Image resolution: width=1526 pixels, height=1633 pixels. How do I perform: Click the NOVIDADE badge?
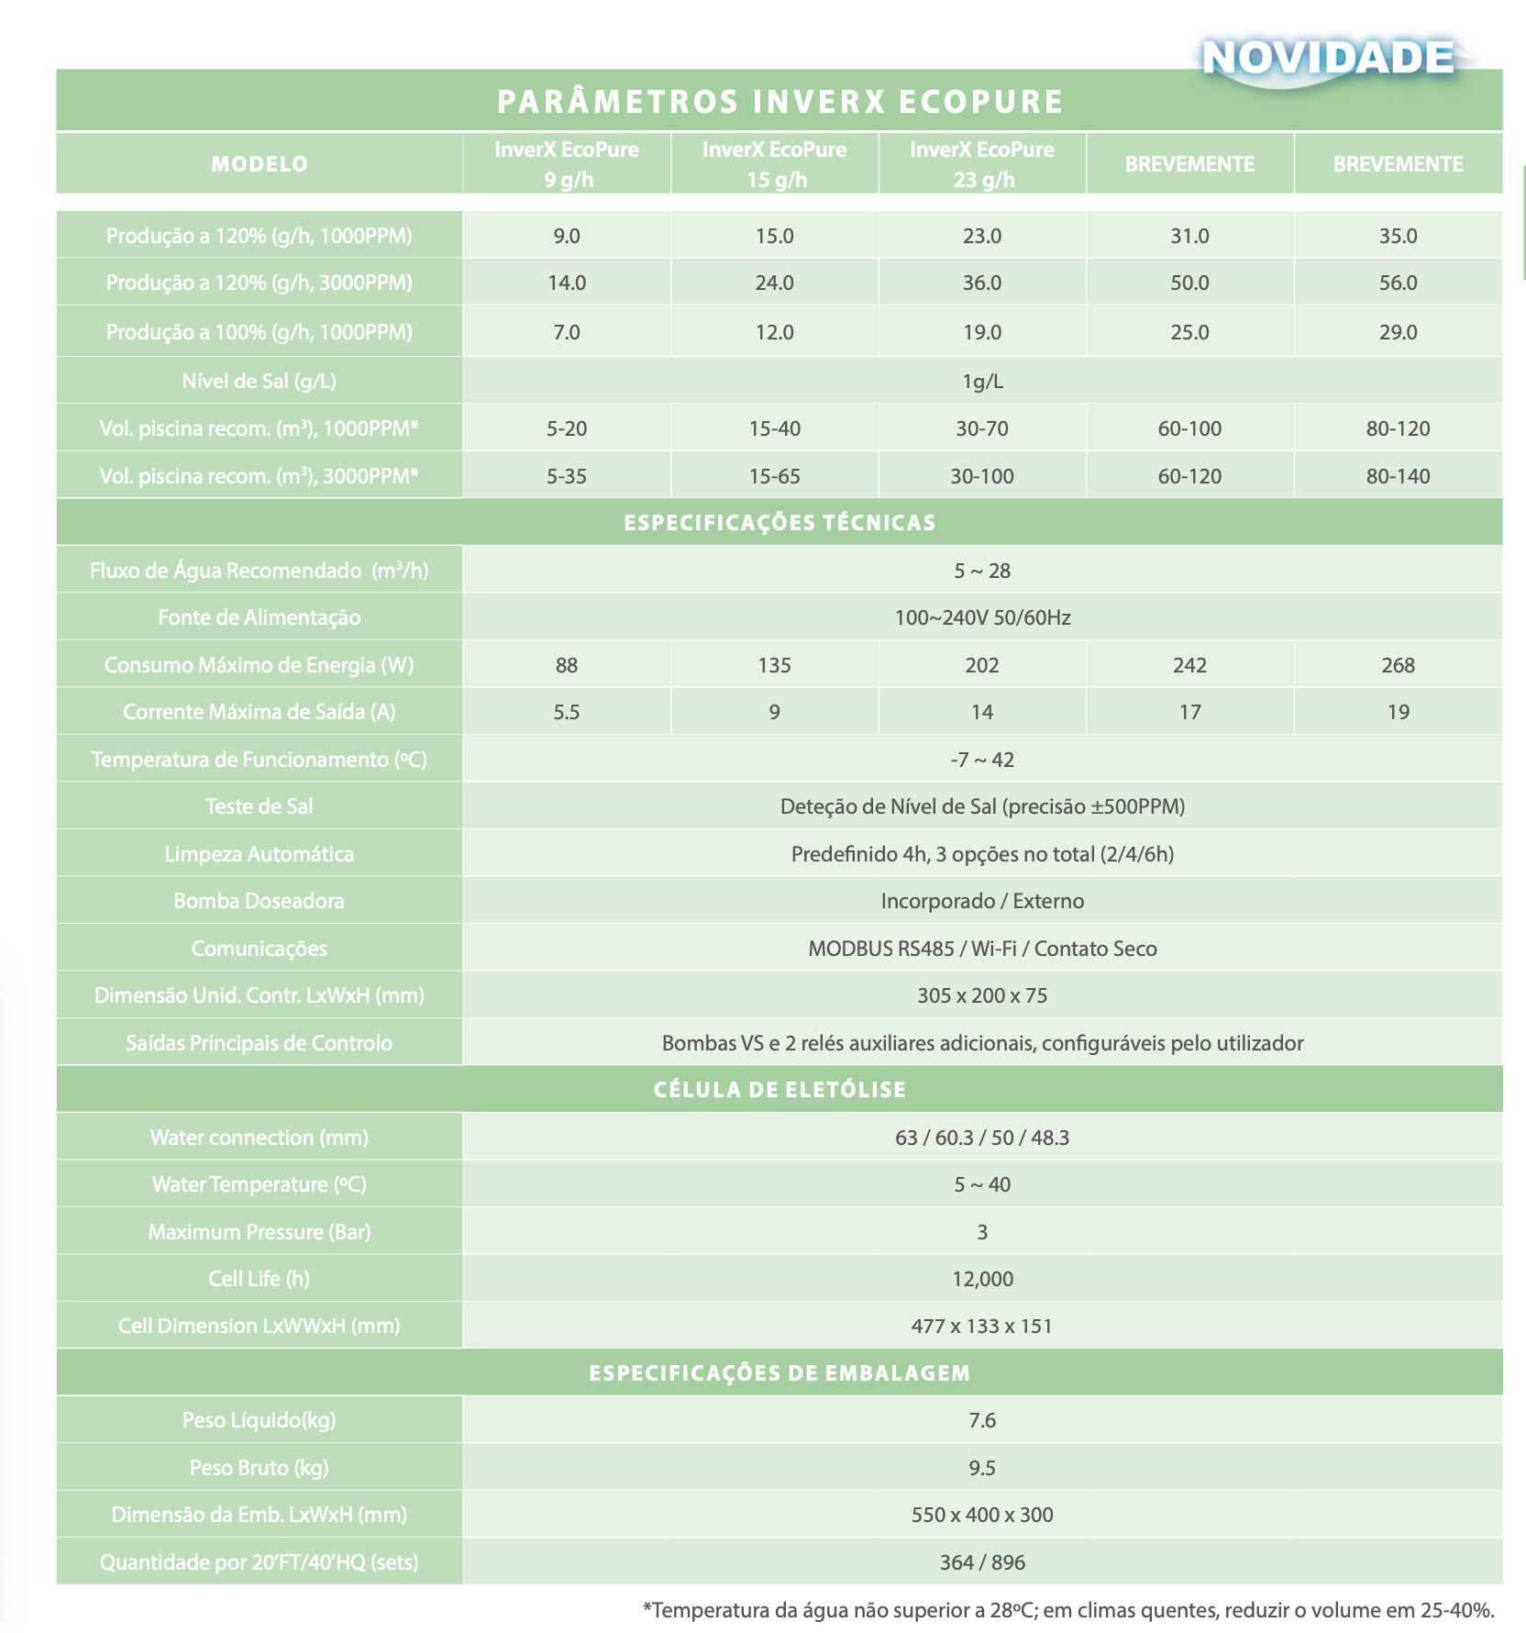click(1328, 59)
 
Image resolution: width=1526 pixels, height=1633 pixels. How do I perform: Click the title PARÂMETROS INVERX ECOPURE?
click(780, 101)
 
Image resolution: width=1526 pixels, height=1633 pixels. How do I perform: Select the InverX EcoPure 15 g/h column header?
click(775, 163)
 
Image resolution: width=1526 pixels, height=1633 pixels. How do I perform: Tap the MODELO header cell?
click(260, 164)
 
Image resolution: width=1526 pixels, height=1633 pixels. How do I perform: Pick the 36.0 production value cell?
click(982, 283)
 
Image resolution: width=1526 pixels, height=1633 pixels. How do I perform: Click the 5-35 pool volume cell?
click(567, 476)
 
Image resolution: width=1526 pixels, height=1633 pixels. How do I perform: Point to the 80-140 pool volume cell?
click(1398, 476)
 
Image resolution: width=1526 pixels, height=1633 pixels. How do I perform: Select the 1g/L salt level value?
click(982, 381)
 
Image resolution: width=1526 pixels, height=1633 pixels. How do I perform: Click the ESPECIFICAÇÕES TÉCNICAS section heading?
click(780, 523)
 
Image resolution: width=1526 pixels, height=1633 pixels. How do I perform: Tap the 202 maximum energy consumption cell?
click(982, 665)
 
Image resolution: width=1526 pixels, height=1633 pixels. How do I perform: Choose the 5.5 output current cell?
click(567, 712)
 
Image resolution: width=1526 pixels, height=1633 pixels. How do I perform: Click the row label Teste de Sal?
click(260, 806)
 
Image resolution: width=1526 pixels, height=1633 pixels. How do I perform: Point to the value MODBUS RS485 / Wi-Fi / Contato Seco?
click(982, 949)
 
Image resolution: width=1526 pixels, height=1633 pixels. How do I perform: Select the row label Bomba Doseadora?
click(260, 901)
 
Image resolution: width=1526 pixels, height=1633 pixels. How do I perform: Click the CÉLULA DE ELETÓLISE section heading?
click(780, 1090)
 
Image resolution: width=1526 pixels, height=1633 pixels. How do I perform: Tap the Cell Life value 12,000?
click(982, 1279)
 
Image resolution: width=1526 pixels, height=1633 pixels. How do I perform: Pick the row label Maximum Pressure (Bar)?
click(260, 1232)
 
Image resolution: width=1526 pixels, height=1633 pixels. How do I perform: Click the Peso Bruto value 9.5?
click(982, 1468)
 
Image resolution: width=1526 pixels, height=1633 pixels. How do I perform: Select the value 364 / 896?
click(982, 1562)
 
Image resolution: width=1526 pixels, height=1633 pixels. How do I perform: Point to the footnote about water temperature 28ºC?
click(1068, 1610)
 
